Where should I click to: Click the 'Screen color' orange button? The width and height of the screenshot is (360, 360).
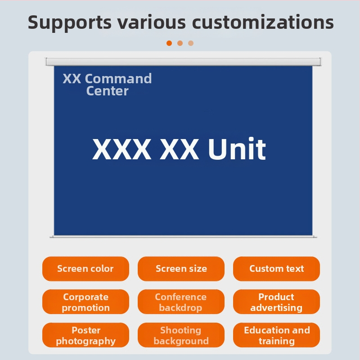[x=85, y=269]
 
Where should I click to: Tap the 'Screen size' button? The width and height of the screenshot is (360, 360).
[x=181, y=269]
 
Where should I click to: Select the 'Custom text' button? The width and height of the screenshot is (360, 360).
[x=276, y=269]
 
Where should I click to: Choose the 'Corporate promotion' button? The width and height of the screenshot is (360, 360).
[x=85, y=302]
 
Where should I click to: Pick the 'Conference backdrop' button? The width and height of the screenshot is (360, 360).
[x=181, y=302]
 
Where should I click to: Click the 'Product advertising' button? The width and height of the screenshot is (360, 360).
[x=276, y=302]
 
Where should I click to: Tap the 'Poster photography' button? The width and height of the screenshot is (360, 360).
[x=85, y=335]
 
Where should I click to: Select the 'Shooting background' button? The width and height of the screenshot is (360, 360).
[x=181, y=335]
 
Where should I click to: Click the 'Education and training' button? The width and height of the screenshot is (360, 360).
[x=276, y=335]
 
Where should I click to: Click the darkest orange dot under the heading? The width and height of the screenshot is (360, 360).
[x=169, y=43]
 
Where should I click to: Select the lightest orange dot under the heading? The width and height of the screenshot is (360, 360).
[x=191, y=43]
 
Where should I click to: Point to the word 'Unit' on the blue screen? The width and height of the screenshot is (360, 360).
[x=237, y=150]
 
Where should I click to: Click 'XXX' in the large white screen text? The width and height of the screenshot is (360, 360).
[x=121, y=150]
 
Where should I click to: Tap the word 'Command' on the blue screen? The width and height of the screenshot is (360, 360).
[x=118, y=79]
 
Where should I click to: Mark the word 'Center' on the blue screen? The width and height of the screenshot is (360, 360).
[x=107, y=91]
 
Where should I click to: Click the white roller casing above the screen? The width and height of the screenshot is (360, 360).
[x=183, y=62]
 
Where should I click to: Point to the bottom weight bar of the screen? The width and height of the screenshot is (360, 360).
[x=183, y=236]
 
